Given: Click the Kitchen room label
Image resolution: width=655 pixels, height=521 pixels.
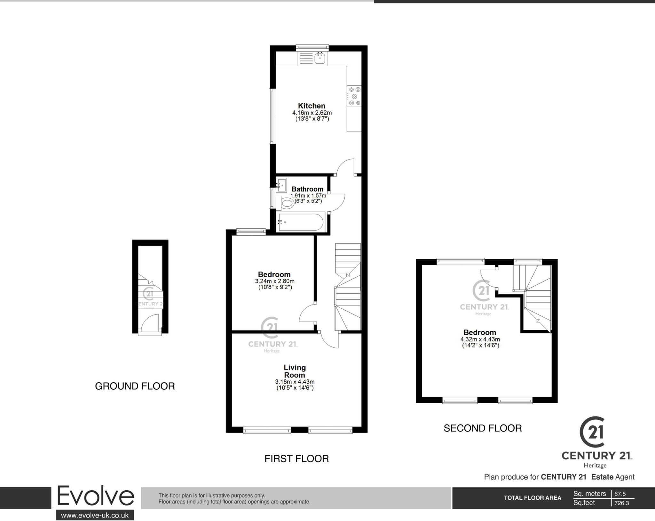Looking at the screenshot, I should pyautogui.click(x=312, y=106).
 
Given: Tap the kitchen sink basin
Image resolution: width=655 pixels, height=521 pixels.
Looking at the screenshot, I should pyautogui.click(x=320, y=59).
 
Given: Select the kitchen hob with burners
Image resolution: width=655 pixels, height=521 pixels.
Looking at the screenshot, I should pyautogui.click(x=354, y=96).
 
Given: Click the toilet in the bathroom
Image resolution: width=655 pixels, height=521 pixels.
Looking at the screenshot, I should pyautogui.click(x=287, y=203).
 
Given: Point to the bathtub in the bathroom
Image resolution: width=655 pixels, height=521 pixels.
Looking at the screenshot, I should pyautogui.click(x=300, y=222).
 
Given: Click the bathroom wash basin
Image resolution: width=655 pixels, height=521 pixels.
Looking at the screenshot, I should pyautogui.click(x=281, y=184).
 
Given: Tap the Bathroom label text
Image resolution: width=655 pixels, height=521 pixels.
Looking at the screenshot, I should pyautogui.click(x=307, y=189).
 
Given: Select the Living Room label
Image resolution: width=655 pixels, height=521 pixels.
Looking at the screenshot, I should pyautogui.click(x=295, y=371).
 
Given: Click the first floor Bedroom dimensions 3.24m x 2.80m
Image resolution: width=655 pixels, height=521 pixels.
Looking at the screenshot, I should pyautogui.click(x=275, y=281).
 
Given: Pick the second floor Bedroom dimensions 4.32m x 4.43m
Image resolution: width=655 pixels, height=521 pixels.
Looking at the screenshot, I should pyautogui.click(x=480, y=339).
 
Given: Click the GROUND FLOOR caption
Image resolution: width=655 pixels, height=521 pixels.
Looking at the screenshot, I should pyautogui.click(x=135, y=386).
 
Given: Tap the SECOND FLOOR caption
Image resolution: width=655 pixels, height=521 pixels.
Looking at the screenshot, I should pyautogui.click(x=483, y=428).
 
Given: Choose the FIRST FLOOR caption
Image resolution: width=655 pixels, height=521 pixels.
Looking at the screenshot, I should pyautogui.click(x=296, y=459).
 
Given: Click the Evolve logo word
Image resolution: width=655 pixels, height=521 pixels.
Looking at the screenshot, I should pyautogui.click(x=95, y=497).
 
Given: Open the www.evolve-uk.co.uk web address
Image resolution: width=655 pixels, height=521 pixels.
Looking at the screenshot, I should pyautogui.click(x=95, y=515).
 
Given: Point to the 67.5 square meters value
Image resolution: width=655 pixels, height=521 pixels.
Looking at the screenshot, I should pyautogui.click(x=620, y=494).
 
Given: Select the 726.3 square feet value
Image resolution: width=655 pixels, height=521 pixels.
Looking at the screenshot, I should pyautogui.click(x=621, y=503).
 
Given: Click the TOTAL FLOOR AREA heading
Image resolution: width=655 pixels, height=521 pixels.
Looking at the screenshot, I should pyautogui.click(x=533, y=498).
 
